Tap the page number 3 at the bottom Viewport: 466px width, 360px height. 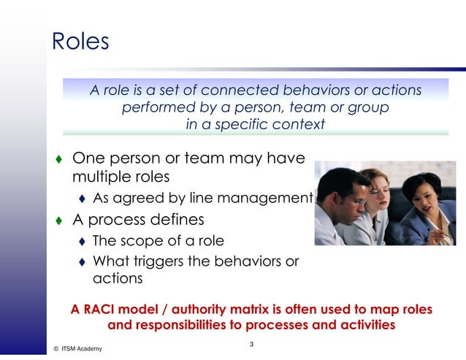tap(251, 344)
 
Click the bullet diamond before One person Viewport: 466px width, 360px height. tap(58, 158)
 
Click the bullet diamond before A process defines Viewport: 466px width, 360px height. tap(58, 220)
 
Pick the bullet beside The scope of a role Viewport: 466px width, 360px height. tap(82, 242)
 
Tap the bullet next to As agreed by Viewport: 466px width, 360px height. tap(82, 198)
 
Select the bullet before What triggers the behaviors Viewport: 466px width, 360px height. tap(82, 262)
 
